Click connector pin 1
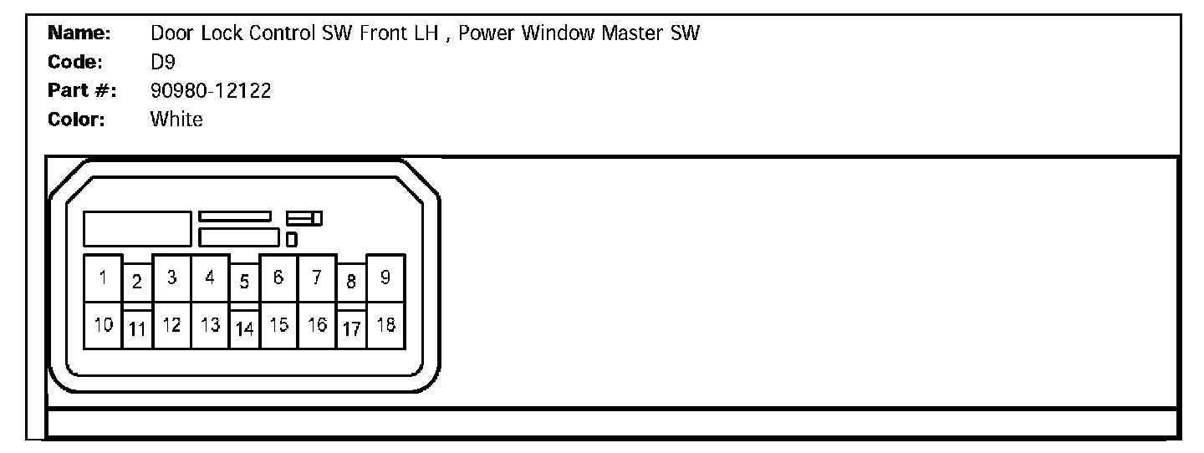point(103,277)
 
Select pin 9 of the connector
point(385,277)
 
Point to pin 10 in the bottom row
point(103,325)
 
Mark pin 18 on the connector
point(385,325)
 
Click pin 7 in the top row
point(317,277)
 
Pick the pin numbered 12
point(172,325)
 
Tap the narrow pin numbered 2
point(137,282)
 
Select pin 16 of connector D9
point(317,325)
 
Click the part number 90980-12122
point(211,91)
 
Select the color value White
point(176,120)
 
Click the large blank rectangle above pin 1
point(137,228)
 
